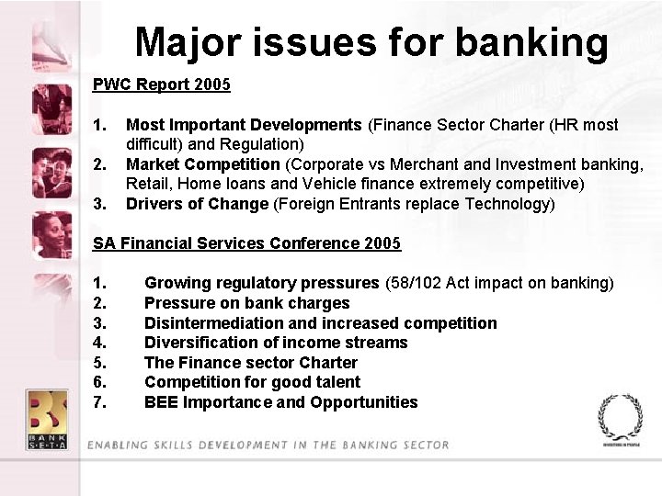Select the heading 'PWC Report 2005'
(x=161, y=85)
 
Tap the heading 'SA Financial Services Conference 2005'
(x=246, y=243)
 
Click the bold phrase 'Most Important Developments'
(x=244, y=125)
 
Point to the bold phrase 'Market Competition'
(x=202, y=164)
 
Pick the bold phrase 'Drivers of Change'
(x=197, y=204)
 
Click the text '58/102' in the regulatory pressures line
(x=415, y=283)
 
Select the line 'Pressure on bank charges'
(x=246, y=303)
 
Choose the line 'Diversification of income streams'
(x=276, y=343)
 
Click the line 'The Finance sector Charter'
(x=250, y=363)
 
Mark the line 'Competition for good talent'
(x=252, y=382)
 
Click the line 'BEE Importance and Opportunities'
(x=280, y=402)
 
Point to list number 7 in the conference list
(x=100, y=402)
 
